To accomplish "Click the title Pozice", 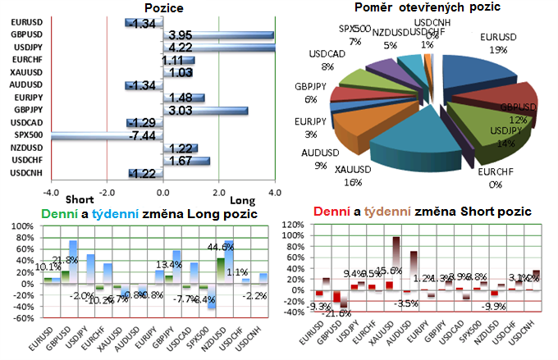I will tap(163, 9).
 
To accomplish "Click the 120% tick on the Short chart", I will tap(291, 222).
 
